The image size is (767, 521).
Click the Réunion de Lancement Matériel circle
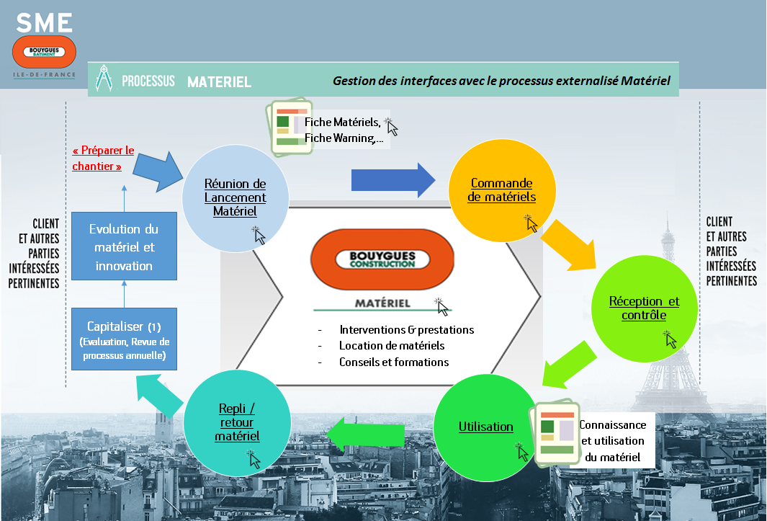click(235, 198)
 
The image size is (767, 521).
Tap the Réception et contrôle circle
click(644, 308)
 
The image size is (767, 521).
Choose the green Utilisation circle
click(486, 427)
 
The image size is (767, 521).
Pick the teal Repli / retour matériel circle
click(237, 422)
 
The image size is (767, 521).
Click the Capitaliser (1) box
click(123, 339)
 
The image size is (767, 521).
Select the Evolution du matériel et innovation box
click(123, 246)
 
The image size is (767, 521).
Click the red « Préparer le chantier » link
click(103, 159)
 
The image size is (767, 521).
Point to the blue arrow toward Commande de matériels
click(393, 180)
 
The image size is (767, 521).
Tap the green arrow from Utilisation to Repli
click(367, 435)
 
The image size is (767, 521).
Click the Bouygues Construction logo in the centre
click(382, 259)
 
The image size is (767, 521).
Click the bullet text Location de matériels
click(392, 346)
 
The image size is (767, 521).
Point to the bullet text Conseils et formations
click(393, 362)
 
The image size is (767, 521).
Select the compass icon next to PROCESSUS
click(104, 79)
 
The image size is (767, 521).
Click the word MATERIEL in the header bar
click(219, 82)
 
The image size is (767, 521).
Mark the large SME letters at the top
click(45, 22)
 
